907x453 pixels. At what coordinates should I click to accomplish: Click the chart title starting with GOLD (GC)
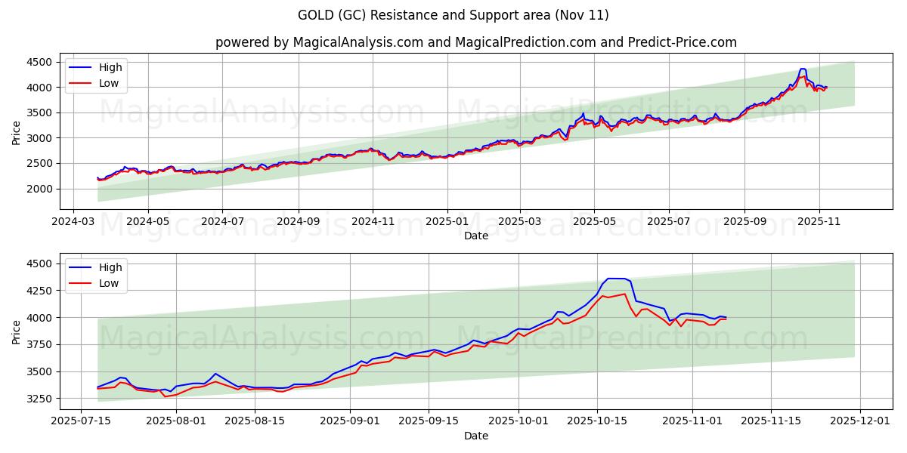coord(453,15)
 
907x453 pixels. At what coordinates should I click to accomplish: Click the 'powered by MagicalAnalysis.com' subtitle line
coord(476,42)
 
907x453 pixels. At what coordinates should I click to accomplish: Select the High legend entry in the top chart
coord(110,67)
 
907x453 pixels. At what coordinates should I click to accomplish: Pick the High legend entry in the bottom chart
coord(110,267)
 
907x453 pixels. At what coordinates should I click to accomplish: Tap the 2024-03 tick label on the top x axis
coord(73,222)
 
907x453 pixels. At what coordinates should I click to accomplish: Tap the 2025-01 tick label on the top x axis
coord(447,222)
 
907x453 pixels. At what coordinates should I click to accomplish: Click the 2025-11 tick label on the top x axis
coord(819,222)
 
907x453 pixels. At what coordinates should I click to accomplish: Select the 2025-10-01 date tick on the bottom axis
coord(519,422)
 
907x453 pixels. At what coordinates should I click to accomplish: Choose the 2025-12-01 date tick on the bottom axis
coord(862,422)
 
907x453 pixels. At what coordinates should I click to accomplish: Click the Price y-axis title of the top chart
coord(17,133)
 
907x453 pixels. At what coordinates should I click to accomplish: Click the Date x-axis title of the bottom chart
coord(476,436)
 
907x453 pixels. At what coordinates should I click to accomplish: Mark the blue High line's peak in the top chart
coord(803,69)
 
